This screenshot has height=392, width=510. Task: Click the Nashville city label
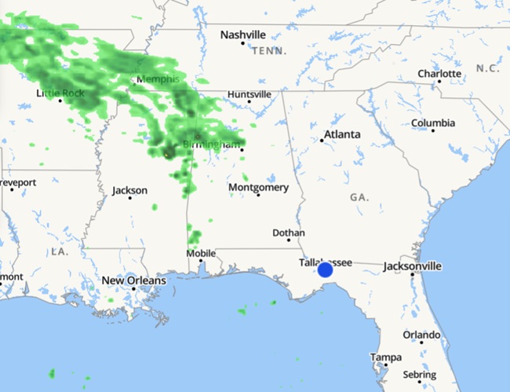point(242,35)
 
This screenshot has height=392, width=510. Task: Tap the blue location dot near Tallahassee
point(325,270)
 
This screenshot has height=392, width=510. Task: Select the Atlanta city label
point(343,134)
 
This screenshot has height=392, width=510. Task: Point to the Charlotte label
point(439,74)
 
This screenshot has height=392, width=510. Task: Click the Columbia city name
point(432,123)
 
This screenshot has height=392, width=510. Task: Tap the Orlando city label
point(421,335)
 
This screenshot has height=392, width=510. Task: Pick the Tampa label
point(386,357)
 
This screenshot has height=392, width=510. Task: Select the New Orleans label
point(134,280)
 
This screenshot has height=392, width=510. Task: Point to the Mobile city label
point(200,254)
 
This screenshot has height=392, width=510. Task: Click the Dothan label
point(288,233)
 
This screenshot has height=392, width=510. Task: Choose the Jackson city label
point(129,190)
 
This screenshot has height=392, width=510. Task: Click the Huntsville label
point(249,94)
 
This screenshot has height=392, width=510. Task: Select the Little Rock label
point(60,93)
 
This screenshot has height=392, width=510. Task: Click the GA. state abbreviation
point(360,196)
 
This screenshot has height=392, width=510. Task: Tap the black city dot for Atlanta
point(322,141)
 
